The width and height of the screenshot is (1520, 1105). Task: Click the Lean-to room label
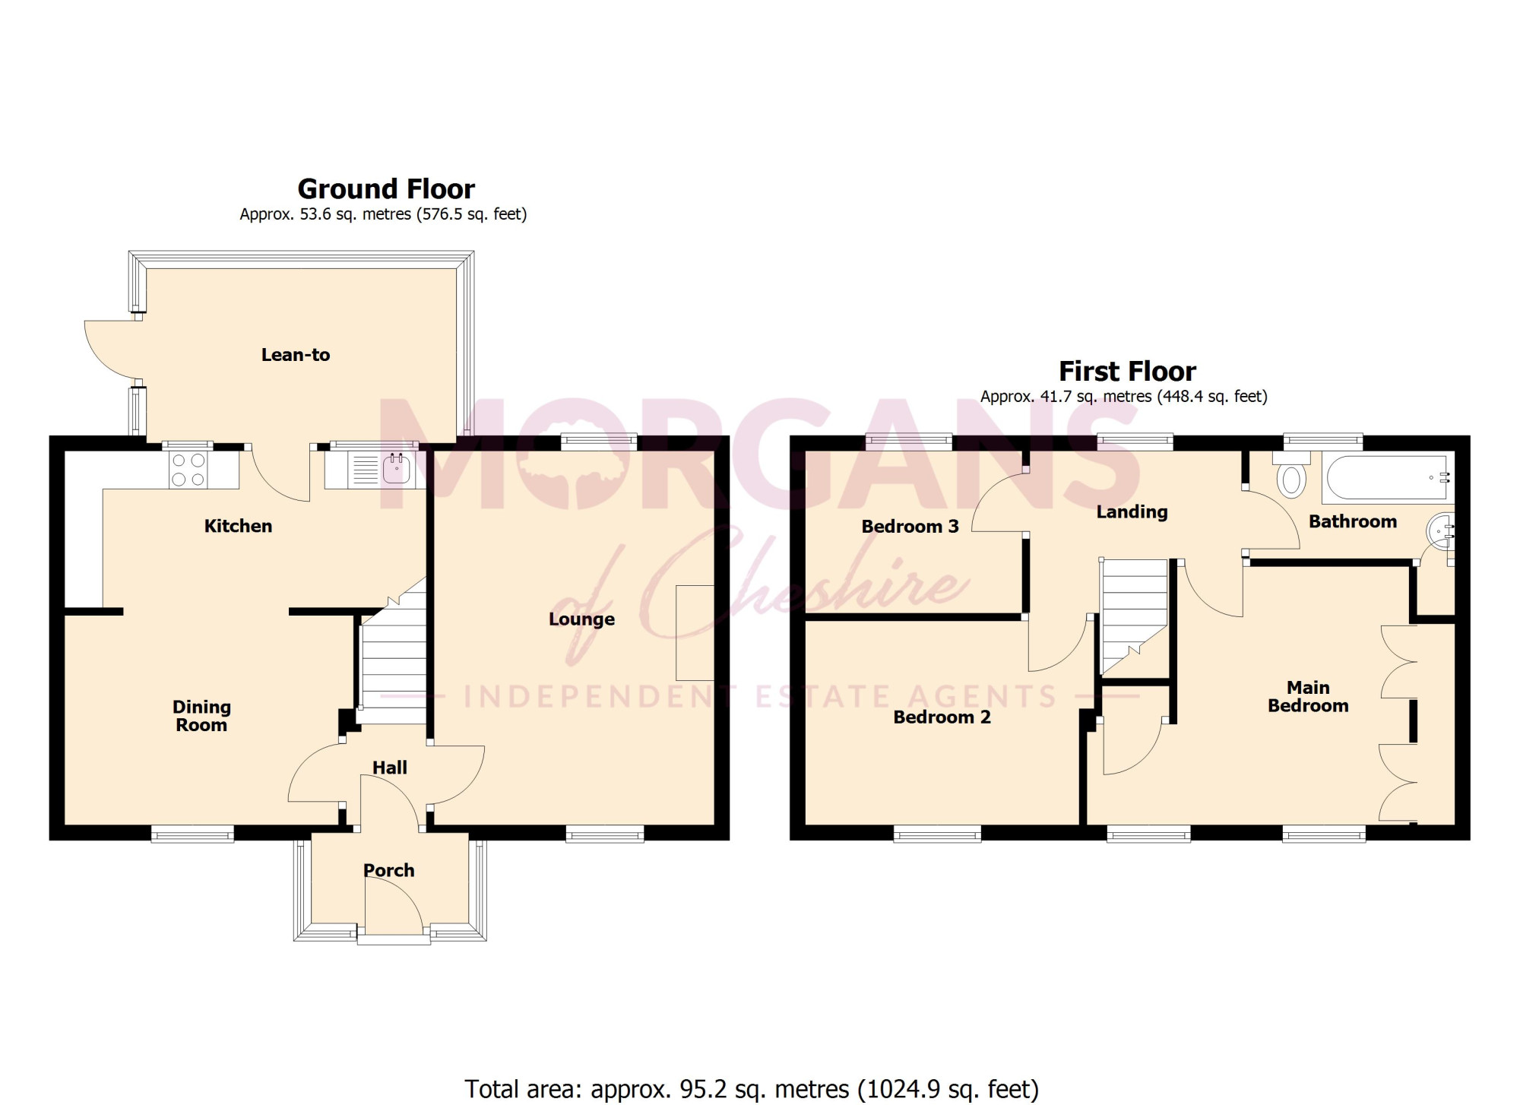click(x=296, y=355)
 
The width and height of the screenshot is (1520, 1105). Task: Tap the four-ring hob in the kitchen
click(x=188, y=470)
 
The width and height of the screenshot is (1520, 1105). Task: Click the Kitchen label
click(x=238, y=526)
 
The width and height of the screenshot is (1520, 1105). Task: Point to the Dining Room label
click(x=201, y=716)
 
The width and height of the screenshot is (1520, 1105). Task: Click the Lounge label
click(x=581, y=619)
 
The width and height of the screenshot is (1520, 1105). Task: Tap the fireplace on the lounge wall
click(x=695, y=633)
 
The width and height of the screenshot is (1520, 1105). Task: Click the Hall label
click(x=390, y=768)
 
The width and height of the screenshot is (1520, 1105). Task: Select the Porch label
click(x=389, y=870)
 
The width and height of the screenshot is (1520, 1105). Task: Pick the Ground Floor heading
click(x=386, y=188)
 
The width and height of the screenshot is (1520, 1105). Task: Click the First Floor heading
click(x=1128, y=371)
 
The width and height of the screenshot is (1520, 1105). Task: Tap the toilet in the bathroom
click(x=1292, y=474)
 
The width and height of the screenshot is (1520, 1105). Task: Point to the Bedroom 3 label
click(x=910, y=527)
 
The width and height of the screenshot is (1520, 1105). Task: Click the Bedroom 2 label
click(x=942, y=717)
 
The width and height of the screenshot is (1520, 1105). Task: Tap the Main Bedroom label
click(x=1308, y=697)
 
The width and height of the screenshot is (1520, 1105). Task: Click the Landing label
click(x=1132, y=512)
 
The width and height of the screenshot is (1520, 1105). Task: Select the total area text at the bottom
click(x=752, y=1089)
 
